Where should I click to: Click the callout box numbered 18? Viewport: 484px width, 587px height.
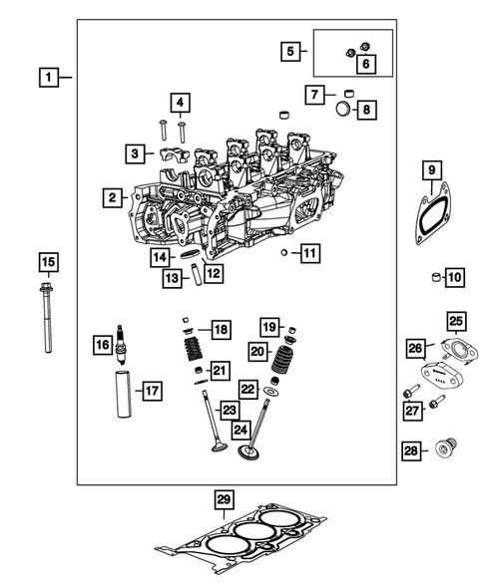220,329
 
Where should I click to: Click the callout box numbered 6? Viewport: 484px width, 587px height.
365,64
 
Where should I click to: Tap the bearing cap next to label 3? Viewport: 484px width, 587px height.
167,154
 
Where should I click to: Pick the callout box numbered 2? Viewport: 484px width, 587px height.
115,198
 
